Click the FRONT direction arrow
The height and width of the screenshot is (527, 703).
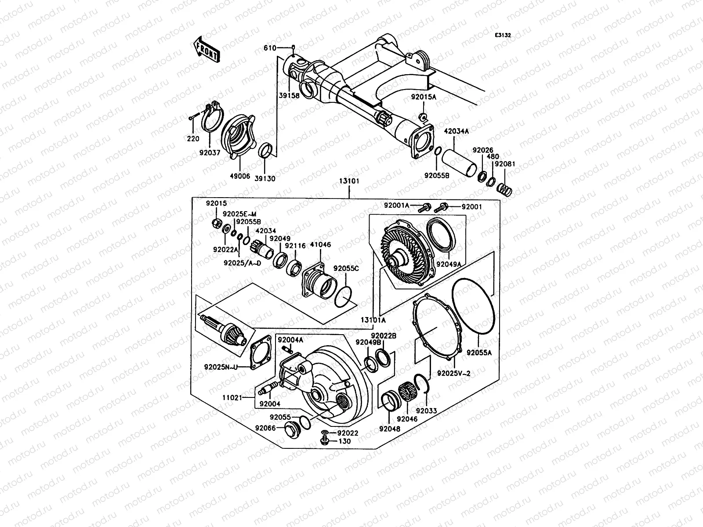206,49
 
